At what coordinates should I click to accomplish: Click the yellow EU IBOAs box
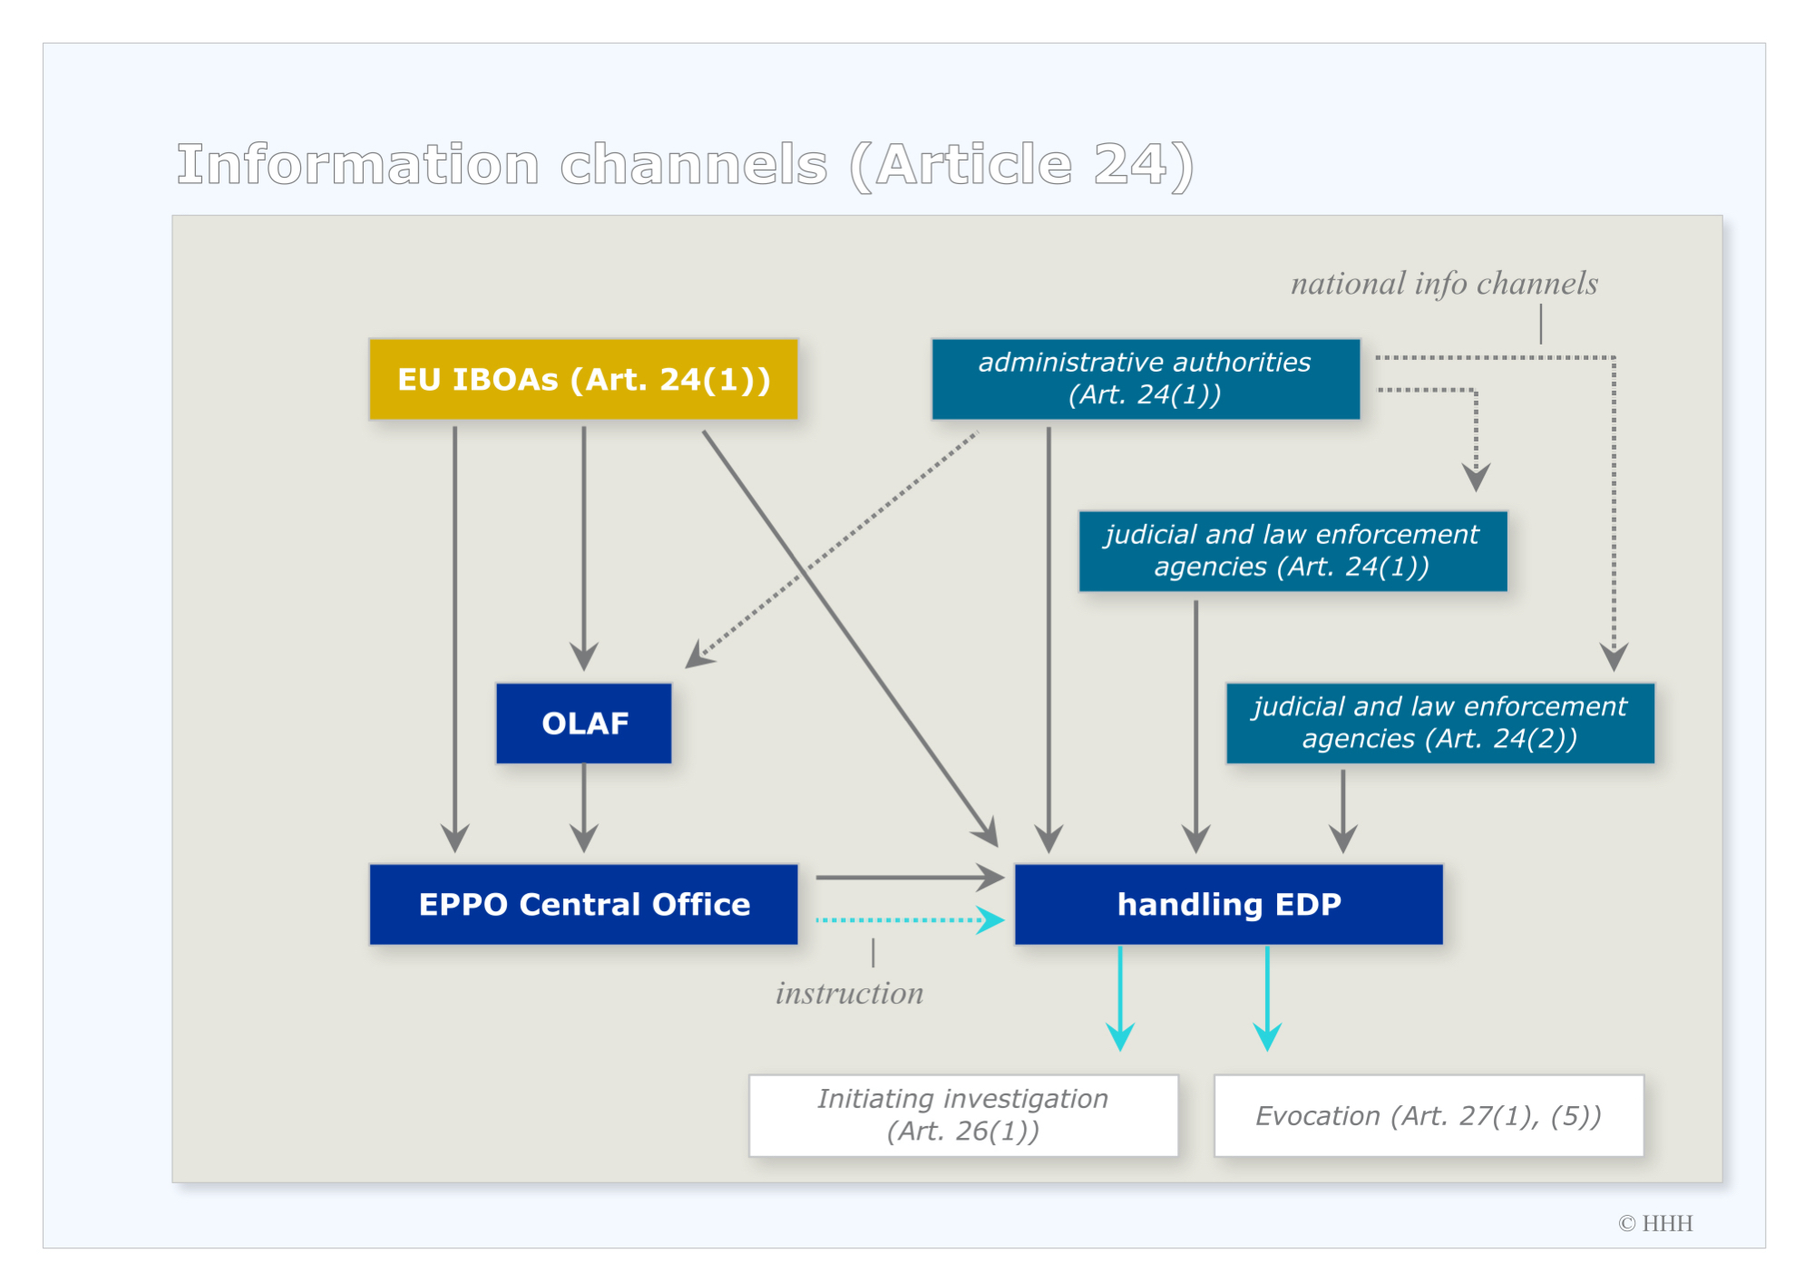[583, 379]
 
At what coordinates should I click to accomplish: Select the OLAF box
[584, 723]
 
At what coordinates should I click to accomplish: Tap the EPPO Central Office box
[583, 904]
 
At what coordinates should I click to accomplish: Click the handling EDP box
[1229, 904]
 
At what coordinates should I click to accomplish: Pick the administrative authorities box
[1146, 379]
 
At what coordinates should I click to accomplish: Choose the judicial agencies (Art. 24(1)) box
[1292, 550]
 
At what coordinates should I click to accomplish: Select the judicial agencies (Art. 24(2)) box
[1440, 723]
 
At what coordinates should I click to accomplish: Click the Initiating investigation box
[963, 1115]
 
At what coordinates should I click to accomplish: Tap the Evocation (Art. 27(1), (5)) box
[1429, 1115]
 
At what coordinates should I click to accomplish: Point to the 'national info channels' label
[1444, 284]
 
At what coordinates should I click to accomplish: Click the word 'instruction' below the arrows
[849, 994]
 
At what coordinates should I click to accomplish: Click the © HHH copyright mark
[1655, 1223]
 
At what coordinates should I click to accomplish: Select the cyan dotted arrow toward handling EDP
[911, 920]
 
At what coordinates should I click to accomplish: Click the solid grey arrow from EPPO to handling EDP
[911, 878]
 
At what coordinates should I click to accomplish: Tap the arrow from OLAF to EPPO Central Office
[584, 808]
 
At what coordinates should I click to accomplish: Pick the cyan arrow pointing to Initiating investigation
[1120, 998]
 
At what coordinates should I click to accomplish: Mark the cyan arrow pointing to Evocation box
[1267, 998]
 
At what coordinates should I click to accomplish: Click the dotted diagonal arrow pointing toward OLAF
[832, 549]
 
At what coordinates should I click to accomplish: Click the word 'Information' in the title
[358, 164]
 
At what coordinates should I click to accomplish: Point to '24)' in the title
[1144, 166]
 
